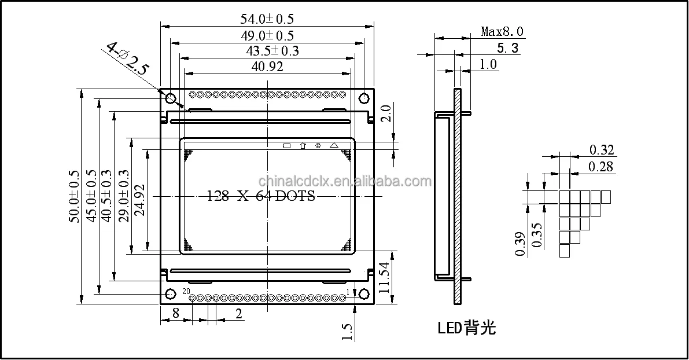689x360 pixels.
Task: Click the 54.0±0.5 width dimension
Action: pyautogui.click(x=267, y=19)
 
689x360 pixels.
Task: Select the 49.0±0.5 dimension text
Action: pyautogui.click(x=267, y=35)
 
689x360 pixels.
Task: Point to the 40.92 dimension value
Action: pyautogui.click(x=267, y=67)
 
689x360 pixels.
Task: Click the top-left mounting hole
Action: pyautogui.click(x=171, y=98)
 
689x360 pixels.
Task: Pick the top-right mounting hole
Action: pyautogui.click(x=364, y=98)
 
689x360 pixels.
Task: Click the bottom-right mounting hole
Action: pyautogui.click(x=364, y=293)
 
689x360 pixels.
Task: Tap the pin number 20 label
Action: pyautogui.click(x=186, y=291)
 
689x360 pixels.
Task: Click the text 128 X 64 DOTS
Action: pyautogui.click(x=261, y=196)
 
